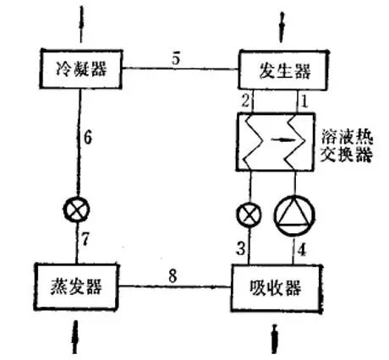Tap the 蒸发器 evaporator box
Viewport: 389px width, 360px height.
(76, 285)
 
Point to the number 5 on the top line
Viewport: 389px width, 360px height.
(175, 60)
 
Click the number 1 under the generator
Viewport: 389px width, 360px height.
(304, 101)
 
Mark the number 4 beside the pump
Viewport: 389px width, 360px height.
(299, 248)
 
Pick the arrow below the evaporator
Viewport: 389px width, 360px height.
(77, 335)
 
